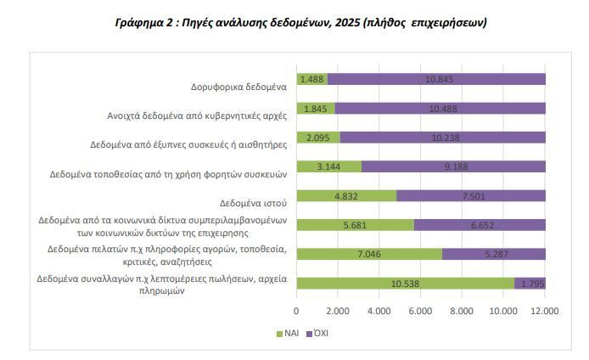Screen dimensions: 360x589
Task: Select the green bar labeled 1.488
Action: (x=311, y=79)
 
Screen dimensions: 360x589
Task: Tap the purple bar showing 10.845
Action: (x=436, y=79)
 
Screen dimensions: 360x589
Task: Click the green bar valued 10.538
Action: (x=405, y=284)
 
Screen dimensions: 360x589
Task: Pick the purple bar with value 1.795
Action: (x=530, y=284)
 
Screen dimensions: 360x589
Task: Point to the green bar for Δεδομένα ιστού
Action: (x=346, y=195)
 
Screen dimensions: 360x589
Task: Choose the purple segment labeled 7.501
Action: (x=471, y=195)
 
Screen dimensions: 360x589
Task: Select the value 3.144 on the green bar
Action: (x=329, y=166)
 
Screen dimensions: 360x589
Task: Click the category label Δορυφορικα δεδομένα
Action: (x=240, y=86)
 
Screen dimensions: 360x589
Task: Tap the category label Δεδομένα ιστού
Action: (x=254, y=202)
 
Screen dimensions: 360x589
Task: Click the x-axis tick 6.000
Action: (x=421, y=312)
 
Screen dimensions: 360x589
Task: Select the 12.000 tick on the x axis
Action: (x=545, y=312)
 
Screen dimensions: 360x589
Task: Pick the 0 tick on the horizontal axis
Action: (x=296, y=312)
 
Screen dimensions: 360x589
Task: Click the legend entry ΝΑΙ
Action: (x=289, y=334)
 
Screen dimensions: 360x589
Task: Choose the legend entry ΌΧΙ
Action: (x=316, y=334)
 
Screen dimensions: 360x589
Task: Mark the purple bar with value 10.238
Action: (x=442, y=137)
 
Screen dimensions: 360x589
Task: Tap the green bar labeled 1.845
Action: (x=316, y=108)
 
